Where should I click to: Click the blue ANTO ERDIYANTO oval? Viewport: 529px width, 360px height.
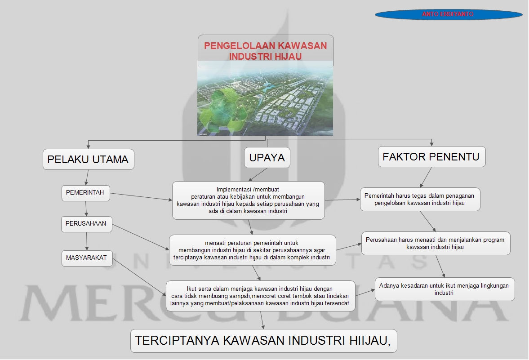448,14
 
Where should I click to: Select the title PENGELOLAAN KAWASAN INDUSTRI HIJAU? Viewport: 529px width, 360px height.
266,51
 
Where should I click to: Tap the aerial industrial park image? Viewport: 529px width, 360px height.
265,102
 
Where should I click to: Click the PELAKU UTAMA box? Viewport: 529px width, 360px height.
88,160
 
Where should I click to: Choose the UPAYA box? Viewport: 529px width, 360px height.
267,158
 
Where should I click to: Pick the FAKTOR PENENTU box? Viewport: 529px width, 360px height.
431,157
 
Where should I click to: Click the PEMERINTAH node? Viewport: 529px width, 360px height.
85,193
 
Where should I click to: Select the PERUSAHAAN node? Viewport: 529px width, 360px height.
86,224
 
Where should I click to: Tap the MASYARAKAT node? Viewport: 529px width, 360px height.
87,258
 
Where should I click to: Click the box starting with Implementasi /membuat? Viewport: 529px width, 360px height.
248,200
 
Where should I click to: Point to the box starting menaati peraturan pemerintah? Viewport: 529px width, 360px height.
252,250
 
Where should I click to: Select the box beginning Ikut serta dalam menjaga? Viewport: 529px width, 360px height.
260,296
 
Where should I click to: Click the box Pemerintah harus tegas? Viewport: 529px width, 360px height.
420,199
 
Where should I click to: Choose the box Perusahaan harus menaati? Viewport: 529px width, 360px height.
435,243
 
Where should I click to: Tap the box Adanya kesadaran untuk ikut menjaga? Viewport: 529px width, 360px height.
444,289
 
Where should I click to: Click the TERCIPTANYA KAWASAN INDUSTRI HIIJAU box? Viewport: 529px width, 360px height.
263,341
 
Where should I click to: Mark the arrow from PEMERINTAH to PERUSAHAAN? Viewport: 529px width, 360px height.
86,209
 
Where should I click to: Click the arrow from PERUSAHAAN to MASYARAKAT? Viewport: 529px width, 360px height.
87,241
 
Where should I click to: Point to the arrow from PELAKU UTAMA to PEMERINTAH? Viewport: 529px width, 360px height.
87,177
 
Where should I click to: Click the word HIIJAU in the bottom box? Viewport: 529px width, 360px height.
368,341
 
